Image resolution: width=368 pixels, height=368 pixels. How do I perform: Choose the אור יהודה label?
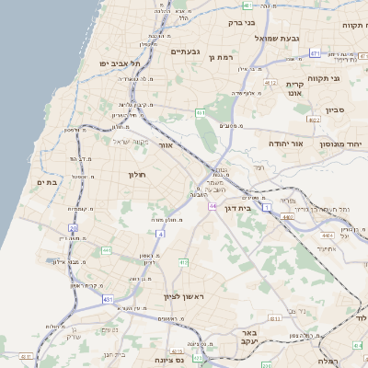pyautogui.click(x=266, y=144)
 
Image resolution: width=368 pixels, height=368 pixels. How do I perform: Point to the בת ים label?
pyautogui.click(x=47, y=182)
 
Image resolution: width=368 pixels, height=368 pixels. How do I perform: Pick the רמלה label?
pyautogui.click(x=327, y=362)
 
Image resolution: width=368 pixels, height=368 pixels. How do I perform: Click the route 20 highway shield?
pyautogui.click(x=73, y=227)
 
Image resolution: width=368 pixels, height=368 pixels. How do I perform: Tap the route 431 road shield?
pyautogui.click(x=108, y=300)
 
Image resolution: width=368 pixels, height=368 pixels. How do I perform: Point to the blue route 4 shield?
pyautogui.click(x=160, y=234)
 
